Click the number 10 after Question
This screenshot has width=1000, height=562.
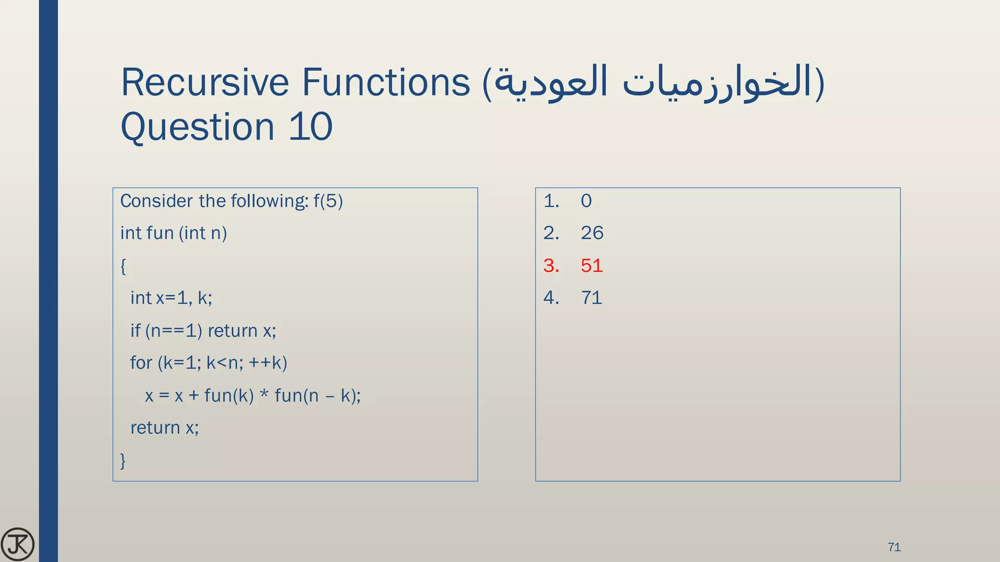tap(311, 127)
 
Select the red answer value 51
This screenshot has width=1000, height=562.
tap(592, 265)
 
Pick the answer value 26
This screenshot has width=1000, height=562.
tap(592, 233)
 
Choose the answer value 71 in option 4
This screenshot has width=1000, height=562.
tap(591, 298)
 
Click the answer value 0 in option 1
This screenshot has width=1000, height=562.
tap(586, 201)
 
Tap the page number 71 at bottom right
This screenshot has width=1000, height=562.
tap(894, 547)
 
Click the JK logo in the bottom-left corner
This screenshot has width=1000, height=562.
tap(18, 544)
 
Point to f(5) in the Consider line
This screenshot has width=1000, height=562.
tap(328, 201)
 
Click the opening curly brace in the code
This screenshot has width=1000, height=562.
tap(123, 266)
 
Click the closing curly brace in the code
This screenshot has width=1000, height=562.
tap(123, 460)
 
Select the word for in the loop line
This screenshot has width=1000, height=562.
tap(141, 362)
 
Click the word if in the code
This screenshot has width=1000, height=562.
tap(135, 331)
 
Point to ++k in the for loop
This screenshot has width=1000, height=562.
tap(268, 362)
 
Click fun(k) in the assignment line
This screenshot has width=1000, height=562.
tap(229, 395)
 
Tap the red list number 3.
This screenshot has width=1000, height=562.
tap(551, 265)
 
